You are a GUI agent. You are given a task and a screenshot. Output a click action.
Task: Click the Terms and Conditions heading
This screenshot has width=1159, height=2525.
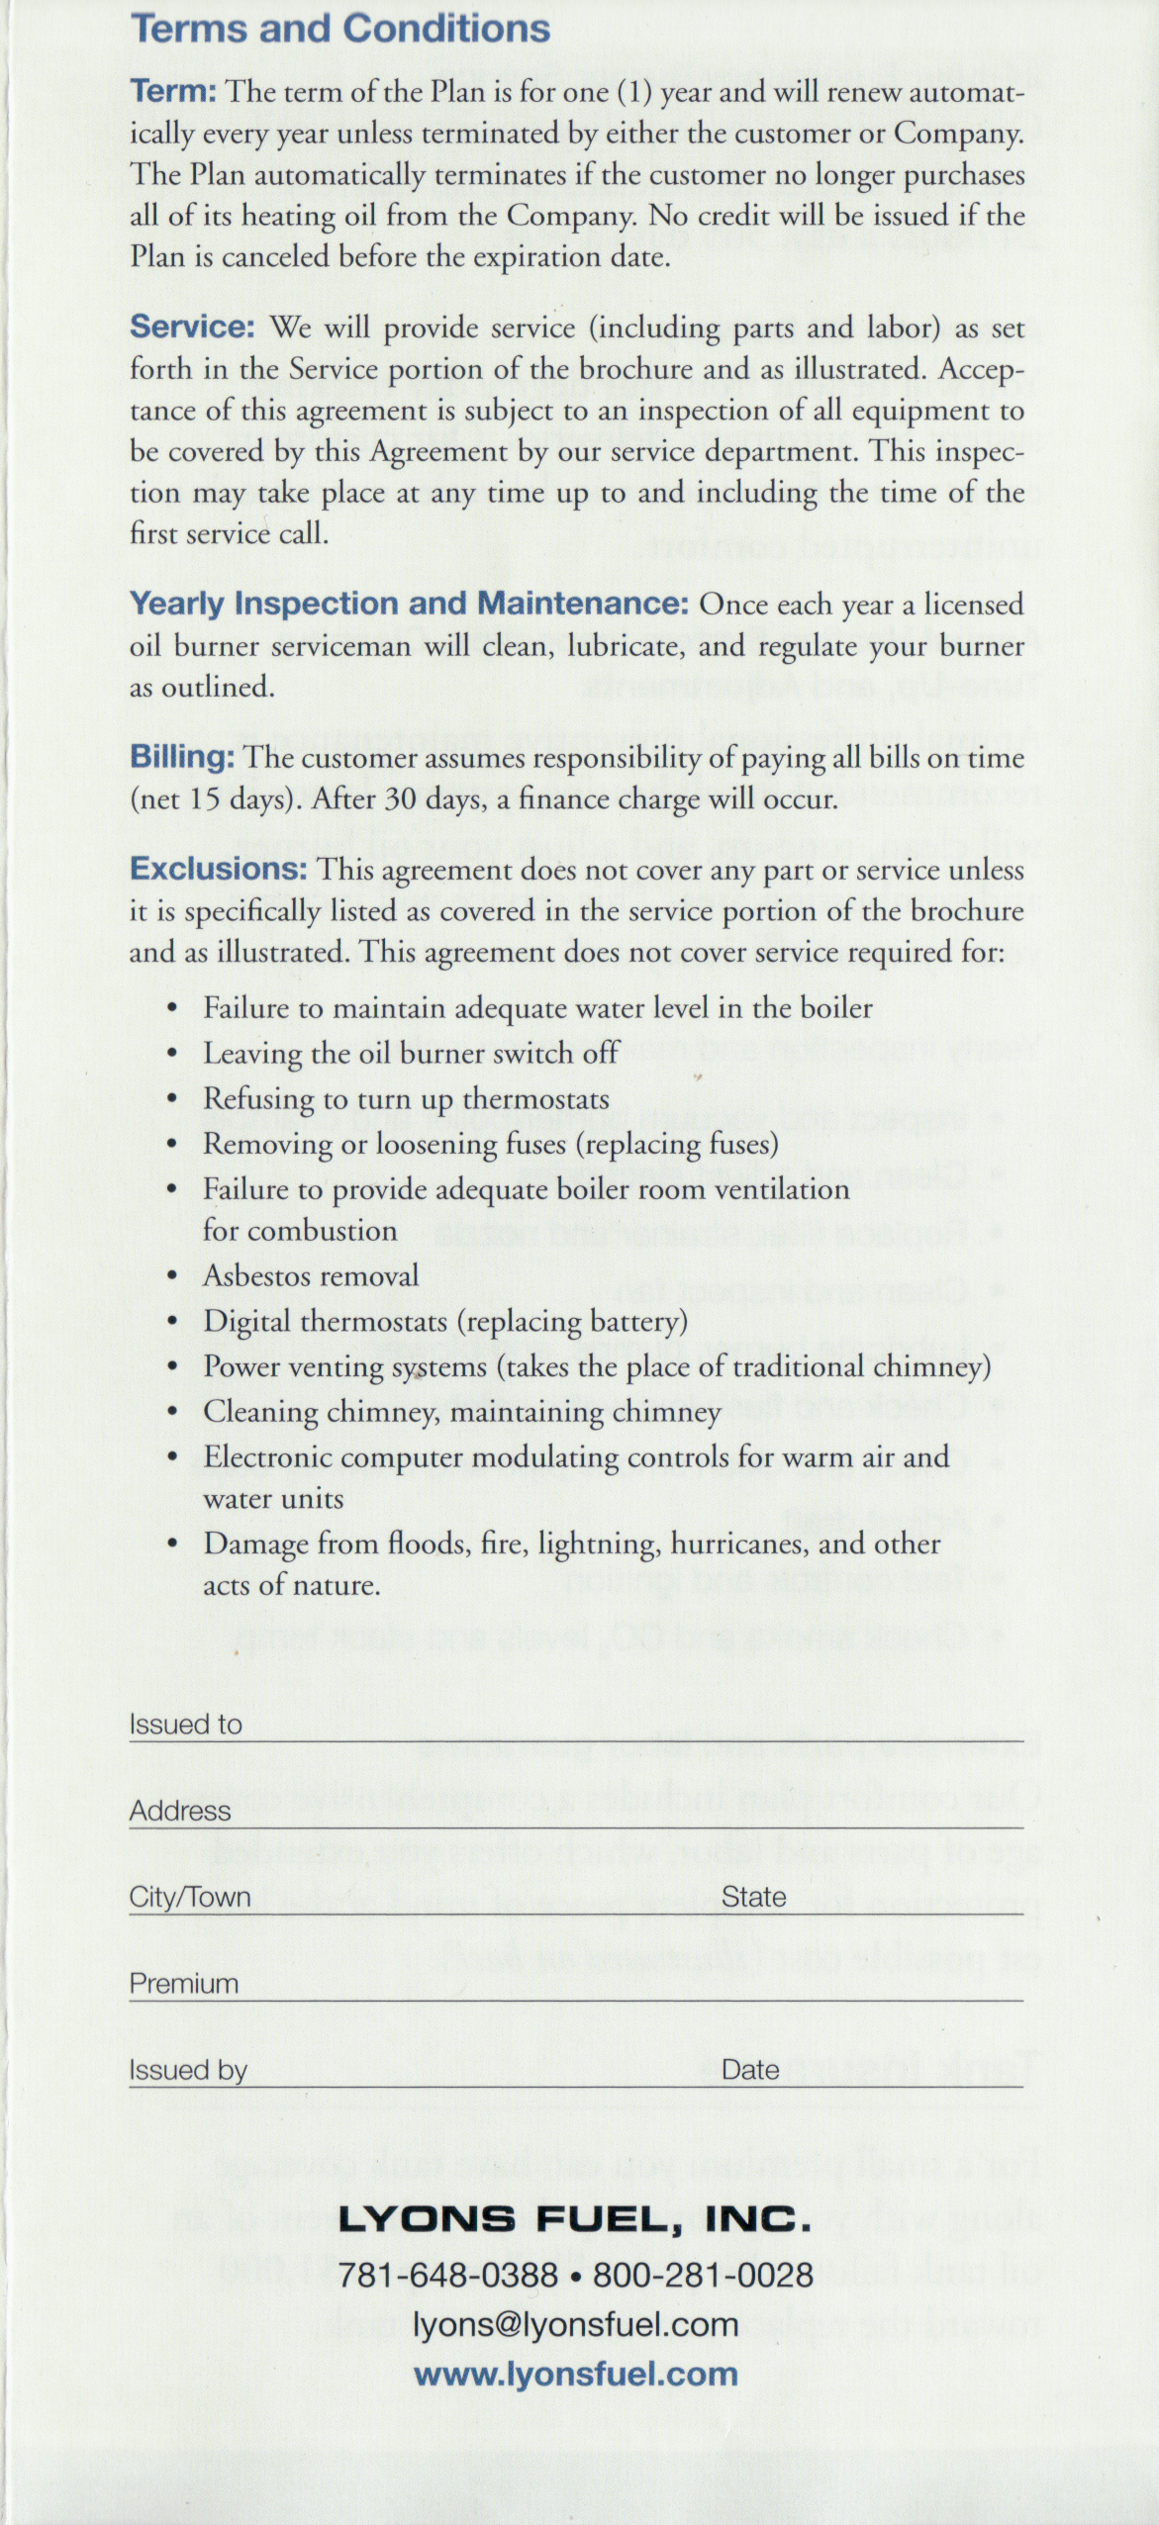coord(339,28)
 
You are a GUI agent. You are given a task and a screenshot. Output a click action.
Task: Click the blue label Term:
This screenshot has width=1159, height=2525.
coord(173,91)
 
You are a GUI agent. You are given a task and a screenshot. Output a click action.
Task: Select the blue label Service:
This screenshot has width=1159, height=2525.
coord(192,327)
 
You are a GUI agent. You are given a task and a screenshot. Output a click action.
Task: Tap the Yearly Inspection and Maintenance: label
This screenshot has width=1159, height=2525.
coord(409,604)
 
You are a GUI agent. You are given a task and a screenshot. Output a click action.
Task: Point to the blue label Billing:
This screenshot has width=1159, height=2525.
coord(182,757)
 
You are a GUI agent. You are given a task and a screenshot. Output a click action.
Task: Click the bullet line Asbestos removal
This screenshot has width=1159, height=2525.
coord(311,1275)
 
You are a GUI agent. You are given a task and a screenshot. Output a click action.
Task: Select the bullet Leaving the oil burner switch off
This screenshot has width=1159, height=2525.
coord(411,1053)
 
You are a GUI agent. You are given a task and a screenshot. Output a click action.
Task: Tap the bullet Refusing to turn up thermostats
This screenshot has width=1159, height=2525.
coord(406,1098)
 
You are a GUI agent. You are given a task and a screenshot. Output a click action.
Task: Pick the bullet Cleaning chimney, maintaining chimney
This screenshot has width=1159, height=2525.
coord(461,1412)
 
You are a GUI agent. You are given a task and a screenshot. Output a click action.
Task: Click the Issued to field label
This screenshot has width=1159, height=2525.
coord(185,1725)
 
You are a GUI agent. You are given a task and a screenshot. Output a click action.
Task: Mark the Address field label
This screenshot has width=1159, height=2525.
coord(179,1811)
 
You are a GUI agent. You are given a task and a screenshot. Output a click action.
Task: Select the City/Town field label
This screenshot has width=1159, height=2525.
coord(189,1897)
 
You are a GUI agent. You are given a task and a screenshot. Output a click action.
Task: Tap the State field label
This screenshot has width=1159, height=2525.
coord(753,1897)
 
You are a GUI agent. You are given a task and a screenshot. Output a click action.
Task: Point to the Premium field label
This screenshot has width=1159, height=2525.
coord(183,1984)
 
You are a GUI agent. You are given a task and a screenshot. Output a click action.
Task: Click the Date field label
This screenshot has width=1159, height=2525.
coord(750,2071)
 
